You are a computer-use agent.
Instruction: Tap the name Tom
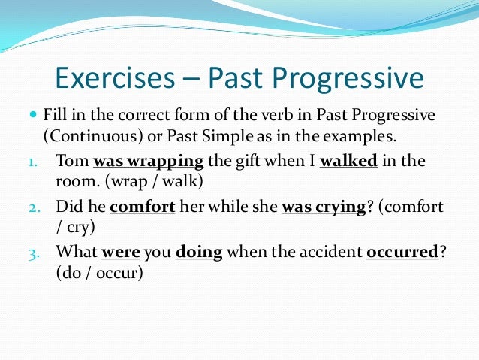70,160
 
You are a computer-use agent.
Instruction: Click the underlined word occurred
402,253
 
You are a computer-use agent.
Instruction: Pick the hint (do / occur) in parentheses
99,274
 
